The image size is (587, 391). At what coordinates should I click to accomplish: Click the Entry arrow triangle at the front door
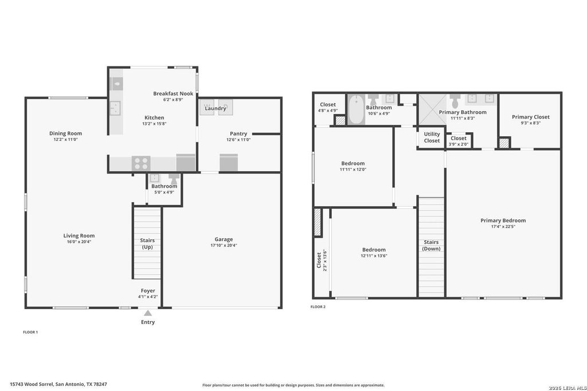click(148, 313)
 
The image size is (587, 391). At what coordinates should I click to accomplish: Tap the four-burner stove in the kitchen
click(141, 163)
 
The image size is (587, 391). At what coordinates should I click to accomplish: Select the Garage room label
click(224, 239)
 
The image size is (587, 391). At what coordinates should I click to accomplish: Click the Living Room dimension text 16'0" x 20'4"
click(79, 242)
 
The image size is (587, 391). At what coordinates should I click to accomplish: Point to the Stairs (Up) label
click(147, 244)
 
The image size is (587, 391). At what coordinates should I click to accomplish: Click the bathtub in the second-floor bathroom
click(357, 109)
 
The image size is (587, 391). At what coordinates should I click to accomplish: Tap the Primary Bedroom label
click(503, 220)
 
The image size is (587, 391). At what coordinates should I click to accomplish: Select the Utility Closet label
click(432, 137)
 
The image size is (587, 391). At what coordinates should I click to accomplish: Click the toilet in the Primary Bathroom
click(455, 101)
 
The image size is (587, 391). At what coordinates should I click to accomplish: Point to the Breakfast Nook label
click(173, 93)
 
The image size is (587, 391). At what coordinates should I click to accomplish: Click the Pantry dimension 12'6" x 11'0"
click(238, 140)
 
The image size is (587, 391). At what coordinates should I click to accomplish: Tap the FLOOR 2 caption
click(318, 307)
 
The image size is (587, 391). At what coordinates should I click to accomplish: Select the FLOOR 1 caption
click(30, 332)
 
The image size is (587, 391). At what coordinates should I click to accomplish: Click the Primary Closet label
click(531, 117)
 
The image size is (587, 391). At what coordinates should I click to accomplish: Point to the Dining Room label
click(65, 133)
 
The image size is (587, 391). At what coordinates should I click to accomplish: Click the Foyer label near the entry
click(148, 290)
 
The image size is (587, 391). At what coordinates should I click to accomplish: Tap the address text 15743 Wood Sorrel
click(32, 384)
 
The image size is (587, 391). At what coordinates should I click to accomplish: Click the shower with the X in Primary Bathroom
click(432, 109)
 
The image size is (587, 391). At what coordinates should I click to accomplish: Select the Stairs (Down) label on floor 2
click(431, 245)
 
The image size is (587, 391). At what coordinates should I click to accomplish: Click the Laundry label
click(216, 108)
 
